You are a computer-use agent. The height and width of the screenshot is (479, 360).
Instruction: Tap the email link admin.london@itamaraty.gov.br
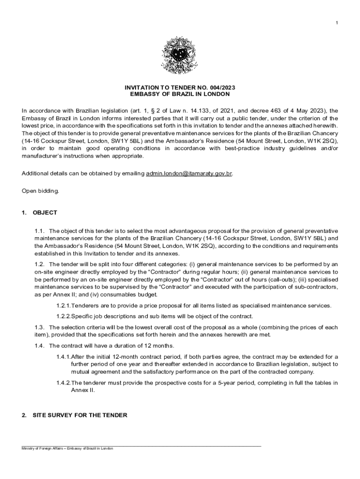coord(189,174)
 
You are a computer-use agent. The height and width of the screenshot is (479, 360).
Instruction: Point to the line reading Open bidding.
coord(41,191)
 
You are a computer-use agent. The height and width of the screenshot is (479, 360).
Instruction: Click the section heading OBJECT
coord(45,213)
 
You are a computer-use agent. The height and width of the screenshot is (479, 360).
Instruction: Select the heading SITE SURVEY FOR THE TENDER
coord(79,415)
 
